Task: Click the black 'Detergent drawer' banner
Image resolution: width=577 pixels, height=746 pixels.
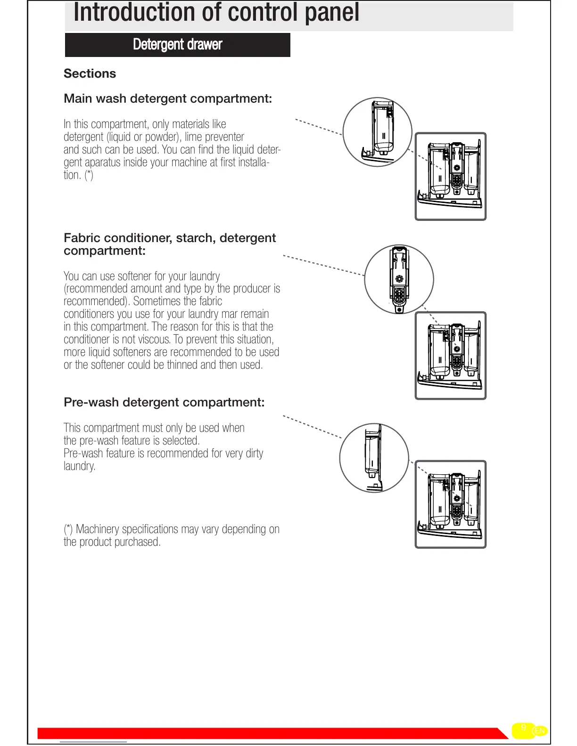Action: (177, 45)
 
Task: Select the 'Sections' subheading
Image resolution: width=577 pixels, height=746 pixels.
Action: (90, 73)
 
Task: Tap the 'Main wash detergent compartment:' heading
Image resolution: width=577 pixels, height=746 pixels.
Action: (168, 98)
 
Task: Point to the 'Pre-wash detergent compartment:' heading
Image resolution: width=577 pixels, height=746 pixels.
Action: (164, 402)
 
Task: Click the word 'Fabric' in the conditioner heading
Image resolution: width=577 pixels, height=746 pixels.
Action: (82, 238)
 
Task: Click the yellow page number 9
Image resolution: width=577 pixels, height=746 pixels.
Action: (523, 728)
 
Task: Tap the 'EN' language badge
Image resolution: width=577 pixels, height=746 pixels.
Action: (540, 731)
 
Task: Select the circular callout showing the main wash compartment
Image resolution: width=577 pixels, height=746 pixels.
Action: (377, 132)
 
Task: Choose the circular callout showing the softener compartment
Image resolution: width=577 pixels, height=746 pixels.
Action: (399, 279)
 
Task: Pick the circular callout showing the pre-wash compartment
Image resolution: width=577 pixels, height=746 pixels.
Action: (374, 458)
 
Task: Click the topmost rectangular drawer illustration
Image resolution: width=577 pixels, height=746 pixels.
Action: (450, 177)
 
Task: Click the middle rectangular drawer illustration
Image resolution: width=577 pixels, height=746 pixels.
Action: (450, 356)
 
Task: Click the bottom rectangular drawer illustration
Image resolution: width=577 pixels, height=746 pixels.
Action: (450, 504)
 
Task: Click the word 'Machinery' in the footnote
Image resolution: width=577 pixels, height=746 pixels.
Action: (97, 529)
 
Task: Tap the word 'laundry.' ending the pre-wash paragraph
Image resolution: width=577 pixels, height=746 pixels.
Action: (79, 466)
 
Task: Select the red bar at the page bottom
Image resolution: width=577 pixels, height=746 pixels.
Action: (269, 733)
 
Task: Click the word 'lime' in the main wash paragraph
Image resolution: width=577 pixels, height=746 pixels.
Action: (193, 137)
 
